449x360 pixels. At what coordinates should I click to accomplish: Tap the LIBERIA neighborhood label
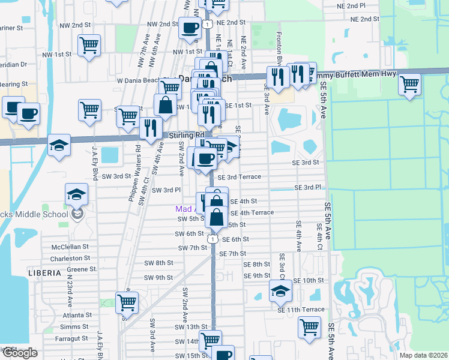pos(44,272)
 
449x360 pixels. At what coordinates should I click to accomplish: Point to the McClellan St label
pos(70,247)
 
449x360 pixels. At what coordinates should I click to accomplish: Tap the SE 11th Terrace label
pos(301,310)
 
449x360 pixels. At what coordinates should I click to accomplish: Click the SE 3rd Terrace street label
pos(239,177)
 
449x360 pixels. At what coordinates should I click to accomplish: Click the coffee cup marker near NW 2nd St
pos(190,27)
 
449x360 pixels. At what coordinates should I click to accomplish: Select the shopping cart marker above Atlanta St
pos(127,302)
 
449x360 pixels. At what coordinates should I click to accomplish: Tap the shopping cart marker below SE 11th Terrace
pos(309,328)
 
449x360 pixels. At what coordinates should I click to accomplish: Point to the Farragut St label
pos(71,340)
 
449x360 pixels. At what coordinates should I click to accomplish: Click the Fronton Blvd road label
pos(279,51)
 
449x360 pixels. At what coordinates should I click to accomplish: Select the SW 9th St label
pos(158,278)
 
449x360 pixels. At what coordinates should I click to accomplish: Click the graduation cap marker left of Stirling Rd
pos(59,145)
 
